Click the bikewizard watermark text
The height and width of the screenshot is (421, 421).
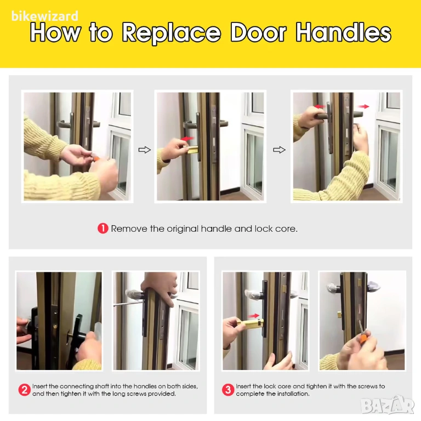45,16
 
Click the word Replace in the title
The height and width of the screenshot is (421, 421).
171,33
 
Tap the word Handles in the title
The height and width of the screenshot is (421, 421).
343,32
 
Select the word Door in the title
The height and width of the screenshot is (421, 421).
258,32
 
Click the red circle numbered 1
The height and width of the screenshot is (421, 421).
103,229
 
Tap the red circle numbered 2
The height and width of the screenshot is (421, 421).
24,390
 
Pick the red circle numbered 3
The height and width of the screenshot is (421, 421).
228,390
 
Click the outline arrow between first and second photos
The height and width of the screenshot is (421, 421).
145,150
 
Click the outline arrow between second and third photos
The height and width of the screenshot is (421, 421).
279,150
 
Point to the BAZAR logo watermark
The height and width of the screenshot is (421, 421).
388,405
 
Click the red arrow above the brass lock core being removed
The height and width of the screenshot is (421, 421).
187,139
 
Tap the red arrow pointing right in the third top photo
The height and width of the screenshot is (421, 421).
364,106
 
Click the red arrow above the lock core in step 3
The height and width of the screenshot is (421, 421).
253,316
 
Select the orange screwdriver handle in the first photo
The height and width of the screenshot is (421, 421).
96,158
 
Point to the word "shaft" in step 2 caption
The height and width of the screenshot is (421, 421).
102,386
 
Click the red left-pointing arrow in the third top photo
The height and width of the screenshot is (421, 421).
320,106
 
